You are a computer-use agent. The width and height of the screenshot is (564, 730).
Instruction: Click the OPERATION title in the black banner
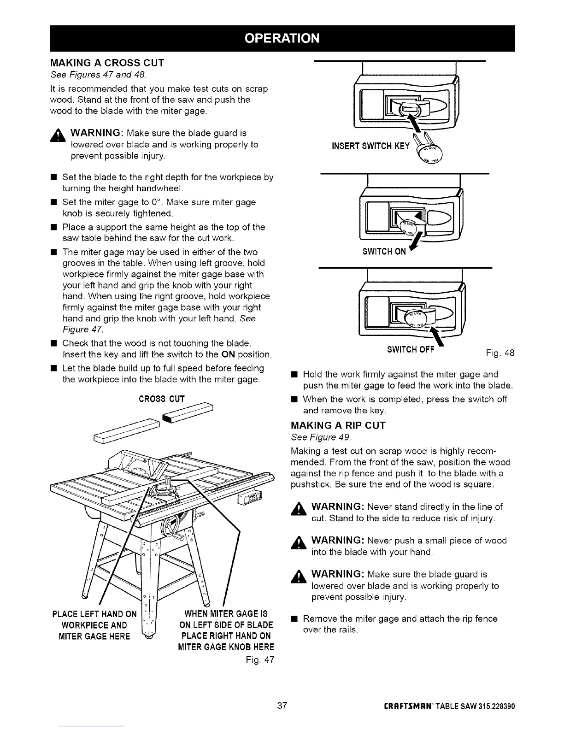tap(282, 38)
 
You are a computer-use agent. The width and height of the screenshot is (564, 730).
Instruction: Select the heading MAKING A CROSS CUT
tap(107, 63)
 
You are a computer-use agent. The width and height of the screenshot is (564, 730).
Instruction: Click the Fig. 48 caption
tap(500, 353)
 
